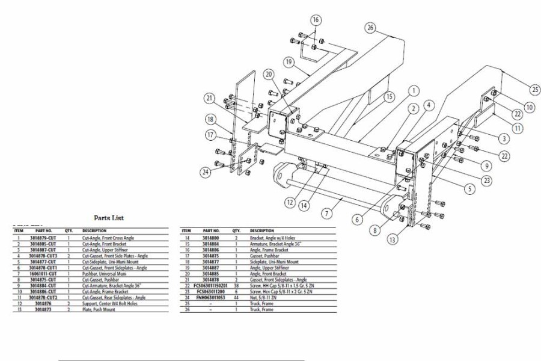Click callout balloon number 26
pyautogui.click(x=370, y=28)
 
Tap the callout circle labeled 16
pyautogui.click(x=316, y=20)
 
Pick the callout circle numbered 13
pyautogui.click(x=392, y=239)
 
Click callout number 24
pyautogui.click(x=207, y=173)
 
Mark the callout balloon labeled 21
pyautogui.click(x=209, y=99)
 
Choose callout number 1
pyautogui.click(x=414, y=91)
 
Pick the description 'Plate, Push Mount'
pyautogui.click(x=99, y=310)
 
